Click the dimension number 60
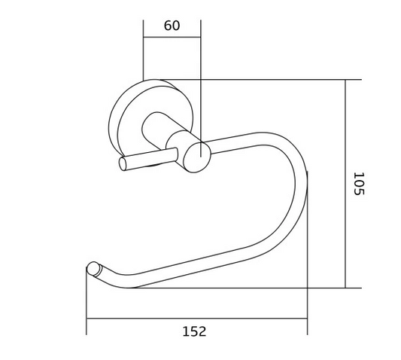click(172, 26)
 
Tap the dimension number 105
click(359, 184)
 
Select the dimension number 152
click(194, 331)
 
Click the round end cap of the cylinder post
click(197, 157)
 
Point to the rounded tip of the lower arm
click(93, 269)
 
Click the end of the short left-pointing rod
click(123, 163)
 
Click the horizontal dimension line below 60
click(172, 37)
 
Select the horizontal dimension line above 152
click(196, 319)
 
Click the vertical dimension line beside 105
click(345, 184)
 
